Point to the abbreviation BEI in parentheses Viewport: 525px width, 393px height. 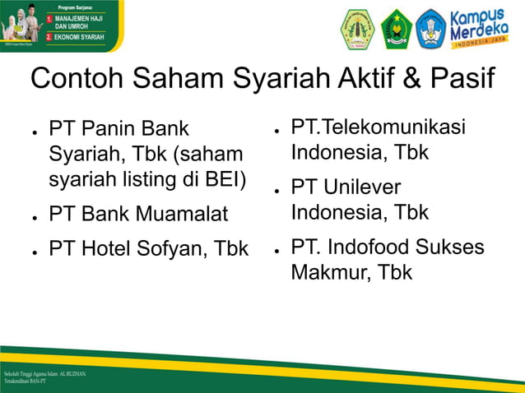pyautogui.click(x=221, y=180)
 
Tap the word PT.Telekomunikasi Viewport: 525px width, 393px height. pyautogui.click(x=378, y=127)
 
